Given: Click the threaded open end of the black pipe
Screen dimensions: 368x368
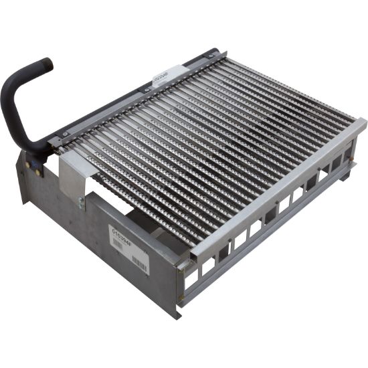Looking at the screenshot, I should [45, 64].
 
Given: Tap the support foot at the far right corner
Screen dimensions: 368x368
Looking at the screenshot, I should [343, 175].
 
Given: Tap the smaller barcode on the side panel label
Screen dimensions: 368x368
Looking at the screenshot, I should [120, 244].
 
